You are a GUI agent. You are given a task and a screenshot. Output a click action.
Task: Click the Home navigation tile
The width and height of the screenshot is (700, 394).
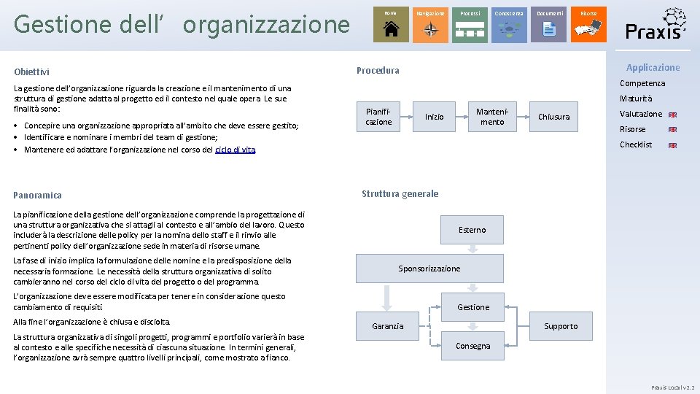point(391,25)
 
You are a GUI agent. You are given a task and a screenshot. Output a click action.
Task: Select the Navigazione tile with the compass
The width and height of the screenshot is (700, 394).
point(430,25)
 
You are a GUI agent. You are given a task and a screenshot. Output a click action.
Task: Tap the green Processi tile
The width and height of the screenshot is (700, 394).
point(470,25)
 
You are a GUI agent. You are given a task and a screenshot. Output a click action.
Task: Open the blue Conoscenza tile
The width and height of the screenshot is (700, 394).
point(509,25)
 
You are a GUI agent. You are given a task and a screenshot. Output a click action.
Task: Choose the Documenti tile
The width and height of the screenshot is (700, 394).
point(549,25)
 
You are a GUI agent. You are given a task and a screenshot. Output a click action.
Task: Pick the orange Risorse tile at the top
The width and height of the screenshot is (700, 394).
point(588,25)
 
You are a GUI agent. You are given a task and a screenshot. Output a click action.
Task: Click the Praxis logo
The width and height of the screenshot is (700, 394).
point(656,25)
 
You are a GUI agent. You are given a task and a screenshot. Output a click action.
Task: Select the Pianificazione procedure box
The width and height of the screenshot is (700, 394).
point(378,117)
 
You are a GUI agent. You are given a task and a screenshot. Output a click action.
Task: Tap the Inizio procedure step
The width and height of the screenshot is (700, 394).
point(435,117)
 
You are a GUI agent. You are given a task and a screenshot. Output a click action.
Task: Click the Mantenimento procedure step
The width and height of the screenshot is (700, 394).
point(491,117)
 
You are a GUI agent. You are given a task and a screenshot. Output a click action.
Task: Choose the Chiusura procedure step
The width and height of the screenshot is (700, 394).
point(553,117)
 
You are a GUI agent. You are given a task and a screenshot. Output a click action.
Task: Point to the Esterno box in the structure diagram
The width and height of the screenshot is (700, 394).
point(472,230)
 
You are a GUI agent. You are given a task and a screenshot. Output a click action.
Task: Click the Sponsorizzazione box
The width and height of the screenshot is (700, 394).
point(429,269)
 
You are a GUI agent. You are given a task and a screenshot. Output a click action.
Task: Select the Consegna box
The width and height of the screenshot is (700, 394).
point(472,346)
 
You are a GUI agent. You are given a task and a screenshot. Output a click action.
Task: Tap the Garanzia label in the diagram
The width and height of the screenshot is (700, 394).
point(387,326)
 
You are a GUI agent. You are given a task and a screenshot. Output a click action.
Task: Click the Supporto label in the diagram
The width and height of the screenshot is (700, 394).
point(561,326)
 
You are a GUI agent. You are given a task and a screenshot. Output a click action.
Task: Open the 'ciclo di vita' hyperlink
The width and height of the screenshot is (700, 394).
point(236,150)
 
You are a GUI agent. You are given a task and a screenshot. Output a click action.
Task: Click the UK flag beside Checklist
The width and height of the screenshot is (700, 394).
point(672,145)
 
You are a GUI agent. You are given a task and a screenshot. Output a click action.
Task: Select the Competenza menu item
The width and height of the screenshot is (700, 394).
point(642,83)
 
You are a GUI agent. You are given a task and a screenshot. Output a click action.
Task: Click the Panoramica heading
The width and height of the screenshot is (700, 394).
point(37,195)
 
